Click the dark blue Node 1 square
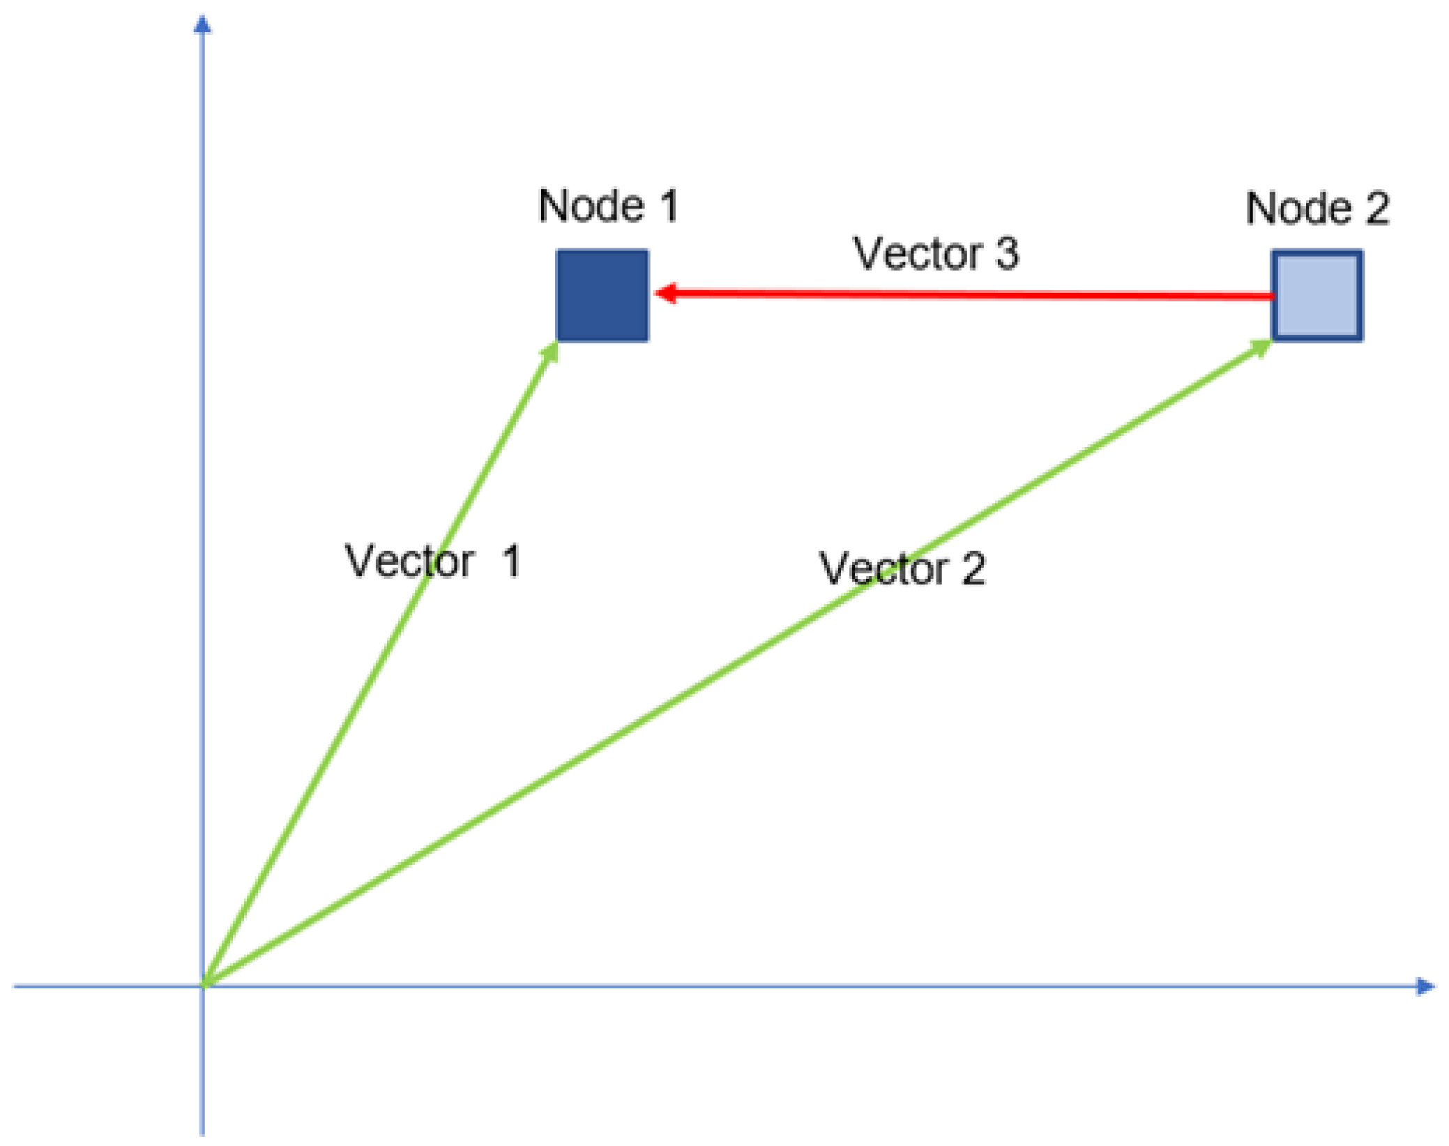click(x=602, y=296)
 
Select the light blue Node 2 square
click(x=1317, y=296)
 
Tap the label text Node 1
click(x=608, y=206)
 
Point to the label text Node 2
click(x=1317, y=209)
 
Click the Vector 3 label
click(x=936, y=253)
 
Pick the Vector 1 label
click(x=433, y=561)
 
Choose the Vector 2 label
click(x=902, y=568)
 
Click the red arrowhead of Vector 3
click(x=667, y=293)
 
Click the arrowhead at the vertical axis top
click(x=202, y=25)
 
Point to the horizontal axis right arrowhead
click(x=1425, y=986)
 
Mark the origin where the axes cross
click(x=203, y=986)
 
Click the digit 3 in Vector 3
click(x=1007, y=253)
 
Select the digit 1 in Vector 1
click(x=511, y=561)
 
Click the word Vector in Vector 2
click(x=883, y=568)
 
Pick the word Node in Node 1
click(x=591, y=206)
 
